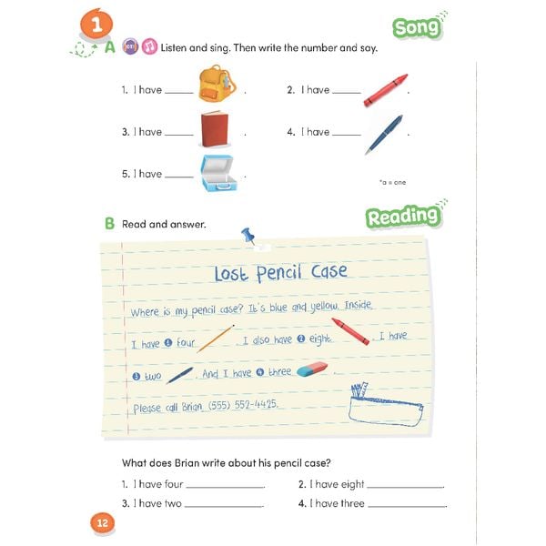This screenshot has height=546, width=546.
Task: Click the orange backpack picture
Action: point(217,85)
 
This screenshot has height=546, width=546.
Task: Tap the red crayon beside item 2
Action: point(385,90)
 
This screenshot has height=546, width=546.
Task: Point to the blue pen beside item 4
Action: point(383,133)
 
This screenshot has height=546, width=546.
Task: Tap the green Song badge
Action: point(418,27)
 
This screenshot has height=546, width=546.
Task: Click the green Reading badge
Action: point(403,217)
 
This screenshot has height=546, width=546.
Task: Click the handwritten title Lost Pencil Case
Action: point(279,273)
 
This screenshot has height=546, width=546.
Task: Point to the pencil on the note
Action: point(215,339)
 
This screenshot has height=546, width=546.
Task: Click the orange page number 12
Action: point(100,522)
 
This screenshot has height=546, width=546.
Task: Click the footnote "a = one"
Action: point(392,182)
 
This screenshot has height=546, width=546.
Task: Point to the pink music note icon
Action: point(149,46)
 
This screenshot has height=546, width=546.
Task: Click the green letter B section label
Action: point(109,223)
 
